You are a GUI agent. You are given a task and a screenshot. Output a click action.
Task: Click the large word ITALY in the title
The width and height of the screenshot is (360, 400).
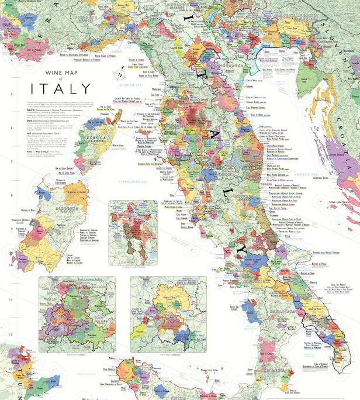(65, 89)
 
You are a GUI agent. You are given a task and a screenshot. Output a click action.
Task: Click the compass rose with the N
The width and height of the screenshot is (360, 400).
(120, 75)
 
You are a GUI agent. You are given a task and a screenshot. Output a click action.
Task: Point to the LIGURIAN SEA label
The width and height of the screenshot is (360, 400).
(143, 84)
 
